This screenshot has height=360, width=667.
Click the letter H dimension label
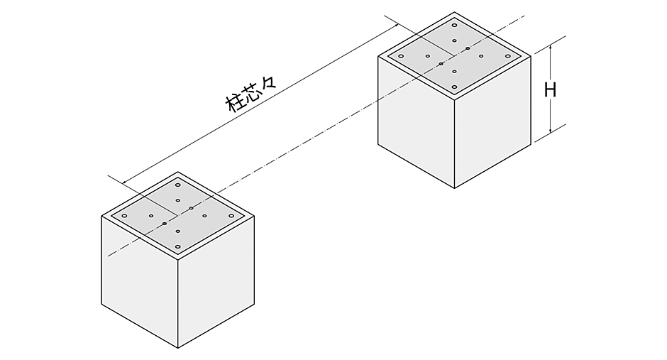551,89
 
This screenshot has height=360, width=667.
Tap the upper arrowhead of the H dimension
551,48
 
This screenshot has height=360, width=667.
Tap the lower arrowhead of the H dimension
551,129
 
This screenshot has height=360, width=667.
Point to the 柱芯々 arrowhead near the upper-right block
396,25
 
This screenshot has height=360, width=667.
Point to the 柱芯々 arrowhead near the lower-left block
125,182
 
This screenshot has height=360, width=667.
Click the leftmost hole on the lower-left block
124,216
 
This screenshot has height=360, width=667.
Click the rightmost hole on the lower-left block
231,216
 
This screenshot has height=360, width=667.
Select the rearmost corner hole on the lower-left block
178,185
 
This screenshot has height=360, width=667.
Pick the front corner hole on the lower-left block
178,247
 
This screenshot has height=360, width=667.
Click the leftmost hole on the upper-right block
401,56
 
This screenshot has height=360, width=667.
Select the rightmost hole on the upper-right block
508,56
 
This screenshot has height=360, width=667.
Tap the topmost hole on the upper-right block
454,25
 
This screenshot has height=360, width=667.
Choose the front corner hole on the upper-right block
454,87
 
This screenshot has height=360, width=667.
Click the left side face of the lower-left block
140,282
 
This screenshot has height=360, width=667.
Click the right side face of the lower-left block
216,282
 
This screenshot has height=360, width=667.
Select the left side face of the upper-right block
416,121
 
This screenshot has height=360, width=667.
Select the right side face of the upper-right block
492,121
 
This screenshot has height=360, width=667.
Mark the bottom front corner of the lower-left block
178,348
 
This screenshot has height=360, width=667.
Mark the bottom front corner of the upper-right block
454,188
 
